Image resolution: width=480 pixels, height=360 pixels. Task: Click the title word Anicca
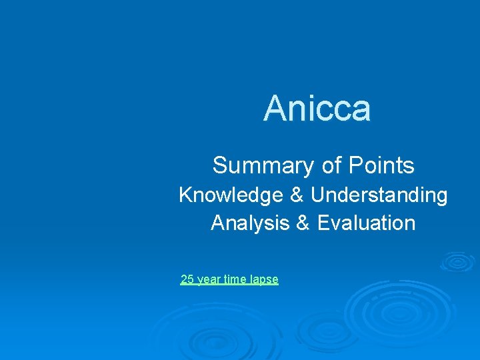317,109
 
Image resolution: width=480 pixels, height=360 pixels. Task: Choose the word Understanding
379,195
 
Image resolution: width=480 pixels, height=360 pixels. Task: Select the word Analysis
249,223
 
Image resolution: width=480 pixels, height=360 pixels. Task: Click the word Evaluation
366,223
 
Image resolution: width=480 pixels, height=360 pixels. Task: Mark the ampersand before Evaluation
303,223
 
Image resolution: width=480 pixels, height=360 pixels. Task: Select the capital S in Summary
219,165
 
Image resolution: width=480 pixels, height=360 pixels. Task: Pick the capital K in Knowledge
185,195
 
